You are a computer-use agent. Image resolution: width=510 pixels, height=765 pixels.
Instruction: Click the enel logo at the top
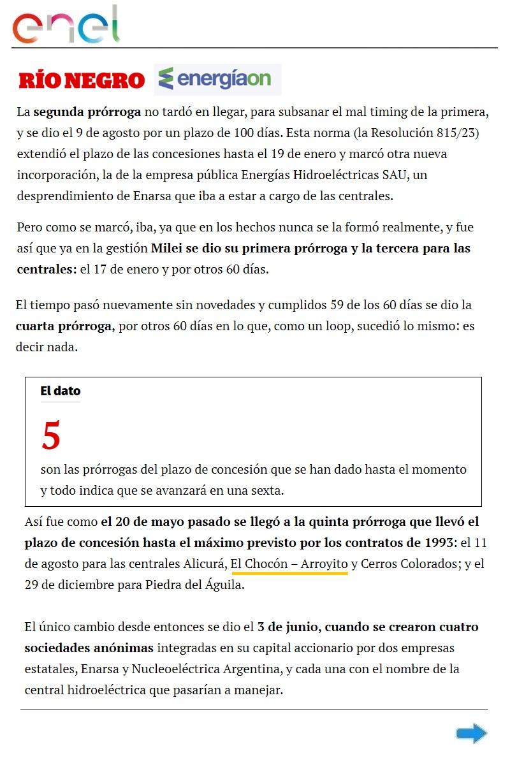(x=66, y=25)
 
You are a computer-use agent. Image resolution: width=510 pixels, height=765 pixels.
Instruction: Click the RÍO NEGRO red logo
(x=82, y=80)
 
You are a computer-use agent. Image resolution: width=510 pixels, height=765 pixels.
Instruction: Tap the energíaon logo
(x=218, y=79)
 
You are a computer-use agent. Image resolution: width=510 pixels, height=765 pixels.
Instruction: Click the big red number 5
(x=51, y=435)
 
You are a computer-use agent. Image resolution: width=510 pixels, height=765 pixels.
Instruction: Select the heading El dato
(x=61, y=391)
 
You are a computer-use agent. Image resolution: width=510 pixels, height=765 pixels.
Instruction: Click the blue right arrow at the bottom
(x=471, y=734)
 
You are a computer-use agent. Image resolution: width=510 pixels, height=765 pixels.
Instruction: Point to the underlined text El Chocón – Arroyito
(x=289, y=564)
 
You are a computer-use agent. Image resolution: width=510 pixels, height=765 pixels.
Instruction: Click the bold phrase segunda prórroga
(x=87, y=113)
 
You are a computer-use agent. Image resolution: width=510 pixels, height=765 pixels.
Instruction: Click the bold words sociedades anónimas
(x=89, y=648)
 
